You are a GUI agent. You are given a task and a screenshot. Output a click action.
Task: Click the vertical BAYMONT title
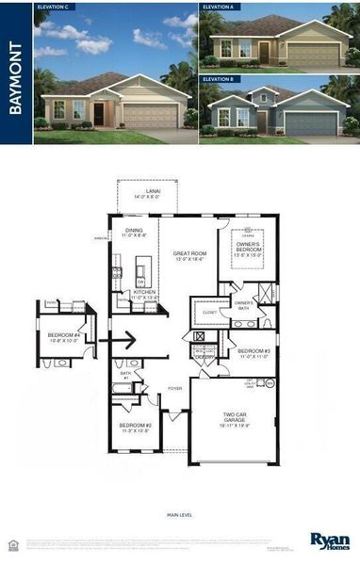coord(16,73)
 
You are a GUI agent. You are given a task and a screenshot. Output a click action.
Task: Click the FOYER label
coord(175,387)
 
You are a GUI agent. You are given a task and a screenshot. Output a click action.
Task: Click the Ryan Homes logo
coord(329,541)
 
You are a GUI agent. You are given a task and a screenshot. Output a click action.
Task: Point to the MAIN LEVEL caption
coord(179,515)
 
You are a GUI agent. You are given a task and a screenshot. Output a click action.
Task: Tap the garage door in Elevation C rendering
coord(149,117)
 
